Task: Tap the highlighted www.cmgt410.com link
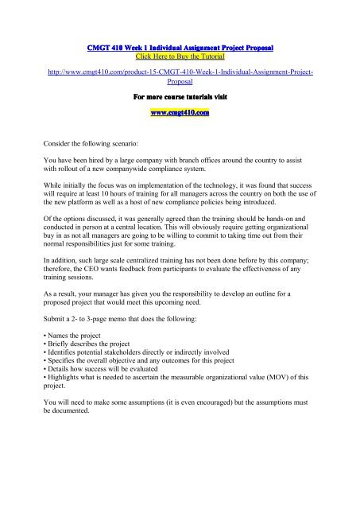pyautogui.click(x=180, y=113)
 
